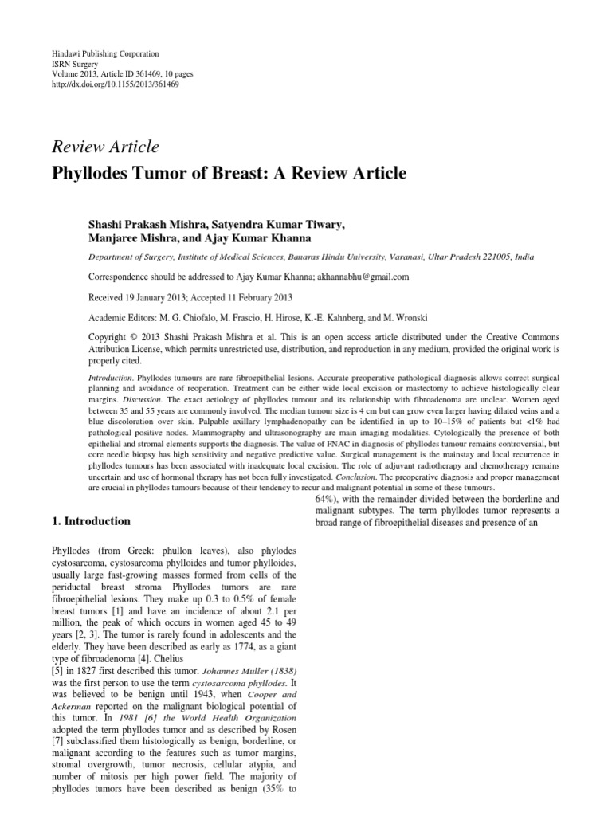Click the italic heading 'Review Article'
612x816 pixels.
105,147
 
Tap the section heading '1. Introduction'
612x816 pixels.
91,521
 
